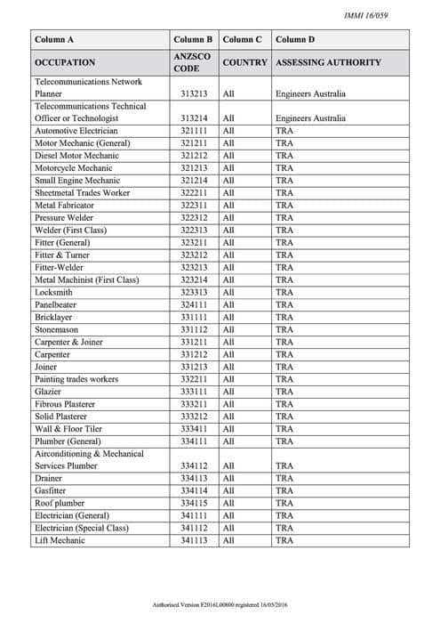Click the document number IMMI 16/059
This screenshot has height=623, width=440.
tap(388, 15)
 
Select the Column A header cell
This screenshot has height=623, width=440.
tap(54, 40)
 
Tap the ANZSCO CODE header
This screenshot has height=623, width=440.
tap(193, 63)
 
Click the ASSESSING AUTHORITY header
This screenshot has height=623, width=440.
tap(328, 63)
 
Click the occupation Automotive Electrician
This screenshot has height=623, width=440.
tap(76, 130)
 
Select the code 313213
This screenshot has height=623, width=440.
tap(193, 93)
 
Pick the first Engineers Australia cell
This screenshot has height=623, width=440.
tap(310, 93)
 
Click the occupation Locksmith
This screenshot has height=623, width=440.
tap(53, 292)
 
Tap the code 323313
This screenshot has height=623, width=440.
tap(193, 292)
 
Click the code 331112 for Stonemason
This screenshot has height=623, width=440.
tap(193, 329)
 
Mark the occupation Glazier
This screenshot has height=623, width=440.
tap(48, 392)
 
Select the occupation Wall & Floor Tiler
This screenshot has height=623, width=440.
tap(69, 429)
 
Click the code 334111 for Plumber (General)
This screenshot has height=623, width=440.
tap(193, 441)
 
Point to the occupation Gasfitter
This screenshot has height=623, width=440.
tap(52, 490)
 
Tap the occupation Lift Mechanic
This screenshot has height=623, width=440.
tap(60, 540)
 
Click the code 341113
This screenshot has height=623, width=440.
tap(193, 540)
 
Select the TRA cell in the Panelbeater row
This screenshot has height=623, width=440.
tap(284, 304)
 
